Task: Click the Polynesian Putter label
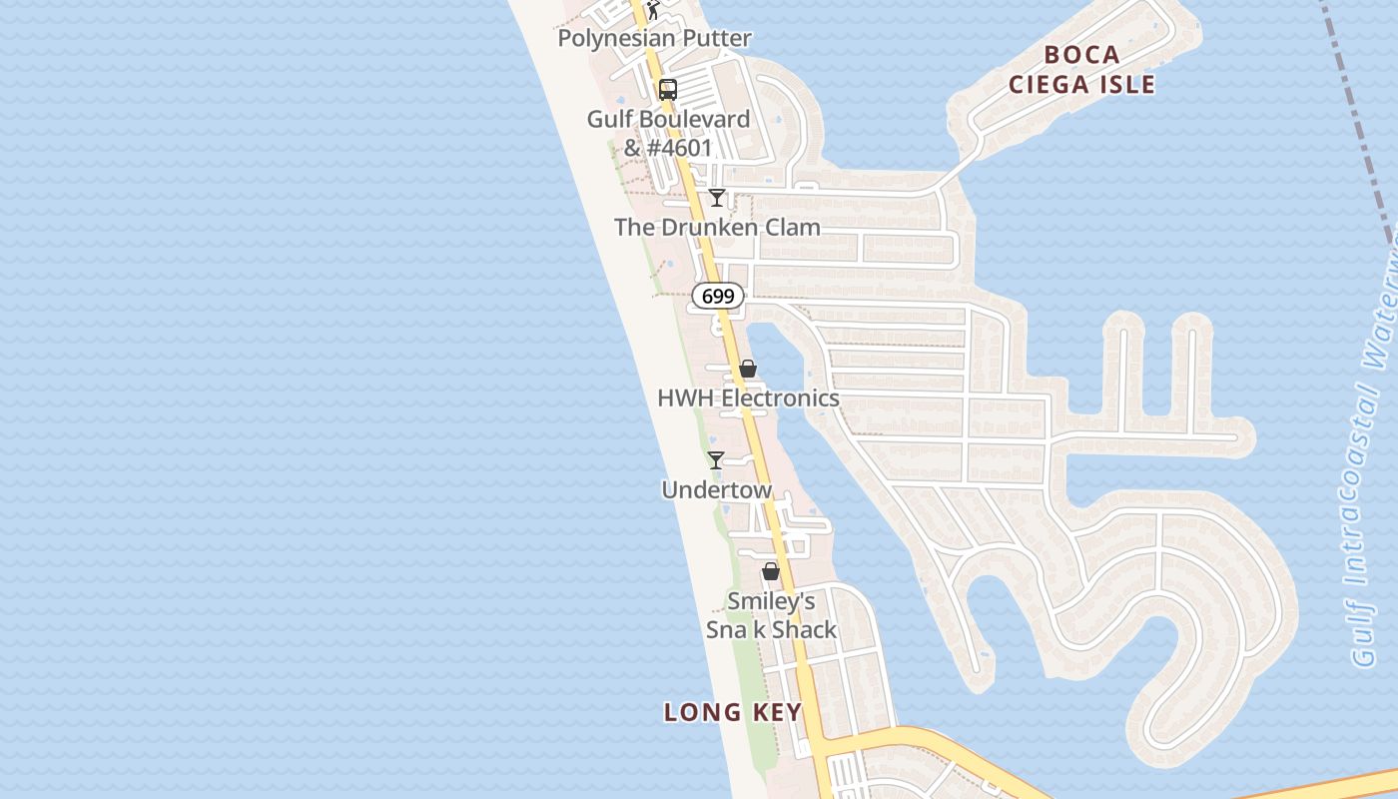click(654, 39)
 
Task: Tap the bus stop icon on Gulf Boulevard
click(667, 90)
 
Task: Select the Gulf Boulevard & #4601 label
click(668, 134)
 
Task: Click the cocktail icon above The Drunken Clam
click(716, 198)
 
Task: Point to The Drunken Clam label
click(717, 228)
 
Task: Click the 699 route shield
click(718, 296)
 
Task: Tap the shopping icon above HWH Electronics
click(748, 370)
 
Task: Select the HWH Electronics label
click(748, 399)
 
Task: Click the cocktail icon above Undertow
click(716, 460)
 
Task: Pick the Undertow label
click(716, 490)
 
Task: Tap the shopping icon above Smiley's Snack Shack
click(771, 571)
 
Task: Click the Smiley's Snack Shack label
click(771, 616)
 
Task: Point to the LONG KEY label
click(733, 712)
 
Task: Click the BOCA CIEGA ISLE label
click(1081, 69)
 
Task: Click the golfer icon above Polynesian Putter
click(653, 11)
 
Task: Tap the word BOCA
click(1081, 54)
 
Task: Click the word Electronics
click(780, 399)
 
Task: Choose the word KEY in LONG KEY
click(775, 712)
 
